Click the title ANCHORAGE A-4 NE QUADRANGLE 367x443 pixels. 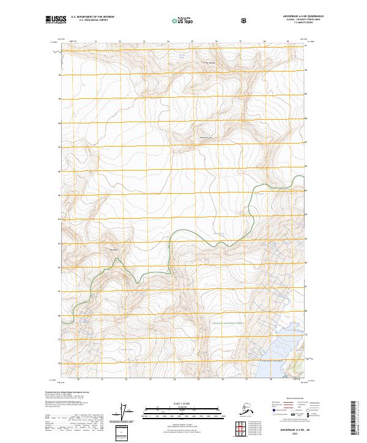tap(300, 16)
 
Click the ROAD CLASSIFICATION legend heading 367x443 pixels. tap(287, 397)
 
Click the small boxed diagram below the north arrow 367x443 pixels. tap(124, 430)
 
